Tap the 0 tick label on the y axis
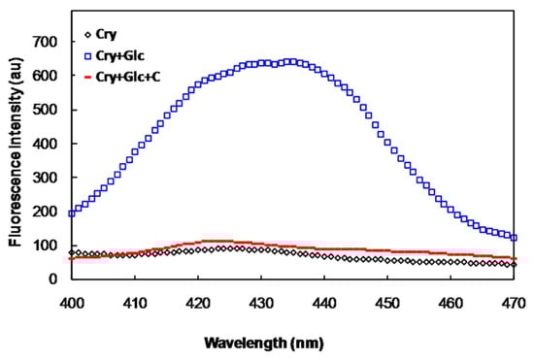click(54, 279)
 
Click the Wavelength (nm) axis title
click(265, 343)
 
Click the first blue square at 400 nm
click(72, 213)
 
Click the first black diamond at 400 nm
click(72, 252)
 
